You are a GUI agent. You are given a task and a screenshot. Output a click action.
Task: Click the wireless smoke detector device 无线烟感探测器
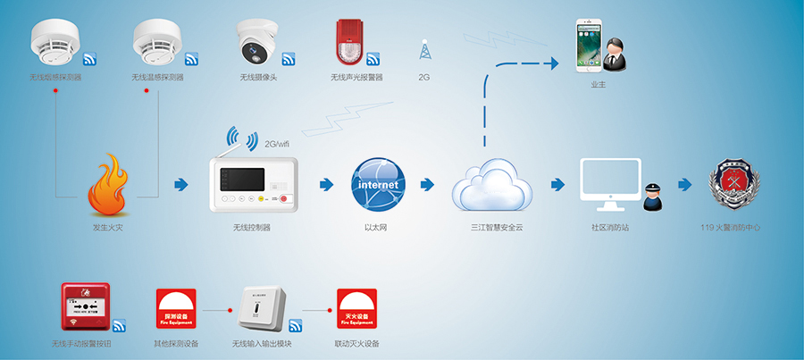[54, 40]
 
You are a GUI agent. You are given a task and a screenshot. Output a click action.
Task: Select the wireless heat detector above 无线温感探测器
[157, 40]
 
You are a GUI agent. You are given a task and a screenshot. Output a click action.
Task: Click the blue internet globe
[376, 184]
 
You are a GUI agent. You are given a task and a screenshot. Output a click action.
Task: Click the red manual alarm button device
[85, 308]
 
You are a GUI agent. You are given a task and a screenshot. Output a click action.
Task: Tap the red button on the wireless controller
[285, 199]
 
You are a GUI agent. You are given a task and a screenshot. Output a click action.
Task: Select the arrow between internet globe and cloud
[427, 185]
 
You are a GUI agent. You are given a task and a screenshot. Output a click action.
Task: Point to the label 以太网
[376, 229]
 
